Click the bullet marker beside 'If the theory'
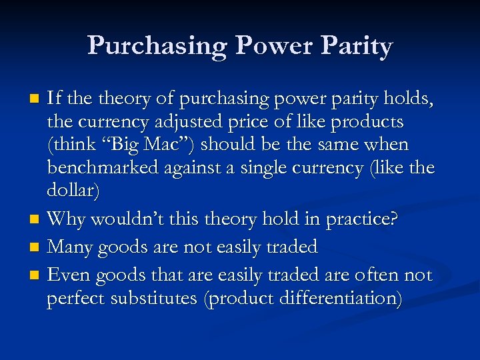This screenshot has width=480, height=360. click(x=37, y=100)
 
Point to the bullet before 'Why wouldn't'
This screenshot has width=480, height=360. click(x=37, y=219)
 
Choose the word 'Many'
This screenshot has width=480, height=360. click(x=71, y=247)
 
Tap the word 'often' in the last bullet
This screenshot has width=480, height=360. click(x=377, y=275)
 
